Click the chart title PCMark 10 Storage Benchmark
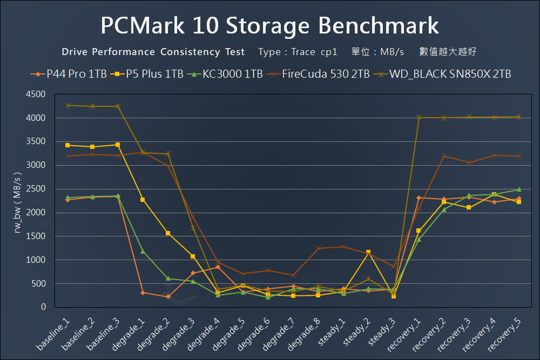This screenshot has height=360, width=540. point(269,25)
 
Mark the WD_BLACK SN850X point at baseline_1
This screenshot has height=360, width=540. point(67,105)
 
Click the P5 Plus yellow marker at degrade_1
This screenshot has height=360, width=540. point(143,200)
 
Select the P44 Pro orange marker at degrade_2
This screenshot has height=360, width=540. point(168,296)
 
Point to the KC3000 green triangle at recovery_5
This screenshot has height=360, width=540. point(519,189)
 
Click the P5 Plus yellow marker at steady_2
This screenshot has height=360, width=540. point(368,252)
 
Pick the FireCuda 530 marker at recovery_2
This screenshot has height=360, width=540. point(444,156)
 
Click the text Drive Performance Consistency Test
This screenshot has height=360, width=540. point(153,52)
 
